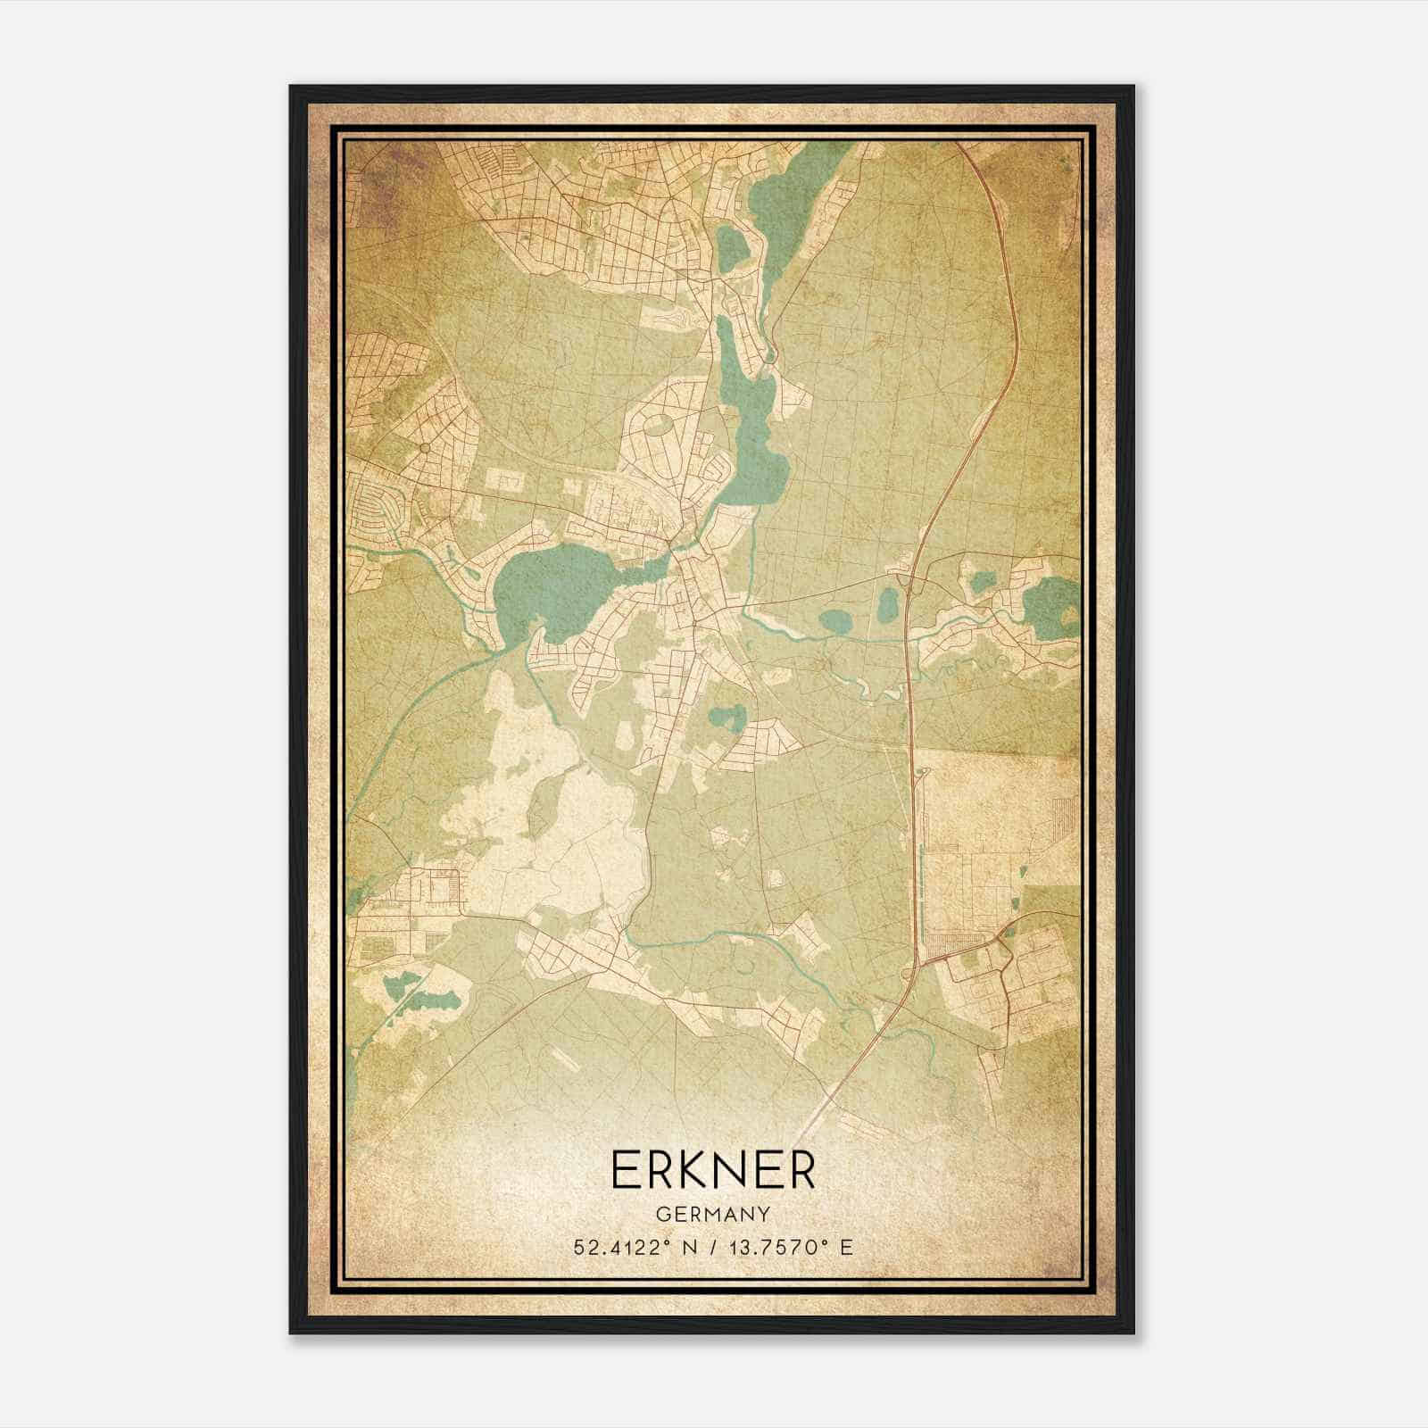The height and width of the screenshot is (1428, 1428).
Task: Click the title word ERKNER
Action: coord(713,1171)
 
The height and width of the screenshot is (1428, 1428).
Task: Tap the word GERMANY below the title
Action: coord(713,1214)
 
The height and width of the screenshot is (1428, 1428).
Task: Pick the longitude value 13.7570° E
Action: coord(790,1247)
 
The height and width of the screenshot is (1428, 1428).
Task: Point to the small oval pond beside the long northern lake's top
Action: coord(730,246)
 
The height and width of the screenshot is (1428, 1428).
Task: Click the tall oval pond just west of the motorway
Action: coord(888,607)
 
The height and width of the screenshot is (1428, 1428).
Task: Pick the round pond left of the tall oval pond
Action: coord(836,619)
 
